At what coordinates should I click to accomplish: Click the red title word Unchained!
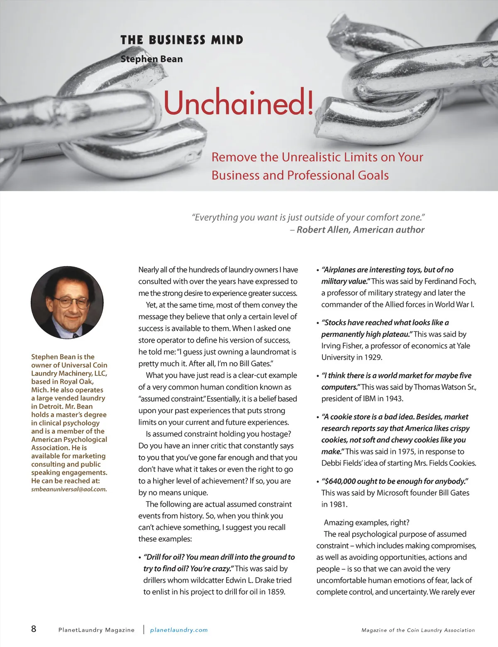(238, 103)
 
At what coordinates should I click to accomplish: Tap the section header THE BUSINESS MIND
(182, 40)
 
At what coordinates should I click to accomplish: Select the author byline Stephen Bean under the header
(151, 59)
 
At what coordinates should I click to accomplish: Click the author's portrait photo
(67, 302)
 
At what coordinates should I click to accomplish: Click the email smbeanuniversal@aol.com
(68, 489)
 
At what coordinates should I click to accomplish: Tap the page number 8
(34, 629)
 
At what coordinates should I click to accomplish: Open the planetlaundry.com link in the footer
(179, 630)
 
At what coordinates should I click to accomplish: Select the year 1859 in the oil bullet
(276, 592)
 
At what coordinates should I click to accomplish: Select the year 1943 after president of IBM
(393, 399)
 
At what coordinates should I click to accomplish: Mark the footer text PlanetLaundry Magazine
(96, 630)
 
